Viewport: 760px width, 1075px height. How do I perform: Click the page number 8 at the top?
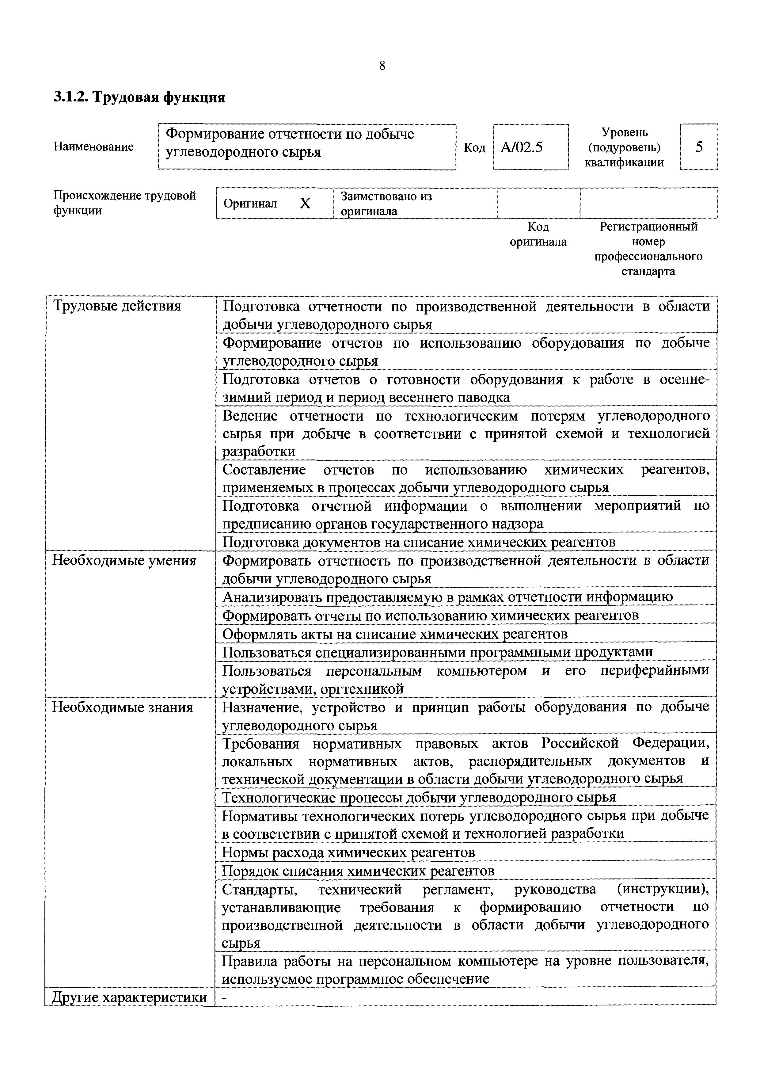coord(382,66)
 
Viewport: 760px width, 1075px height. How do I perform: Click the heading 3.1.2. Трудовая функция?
coord(139,97)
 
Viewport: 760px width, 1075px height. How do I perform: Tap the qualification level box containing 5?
coord(699,147)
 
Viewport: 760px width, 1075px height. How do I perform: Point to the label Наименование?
coord(93,147)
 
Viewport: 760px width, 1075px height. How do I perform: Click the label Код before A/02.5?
coord(474,147)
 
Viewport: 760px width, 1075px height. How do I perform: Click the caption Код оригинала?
coord(538,234)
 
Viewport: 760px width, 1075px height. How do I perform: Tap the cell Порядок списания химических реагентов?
coord(358,871)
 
